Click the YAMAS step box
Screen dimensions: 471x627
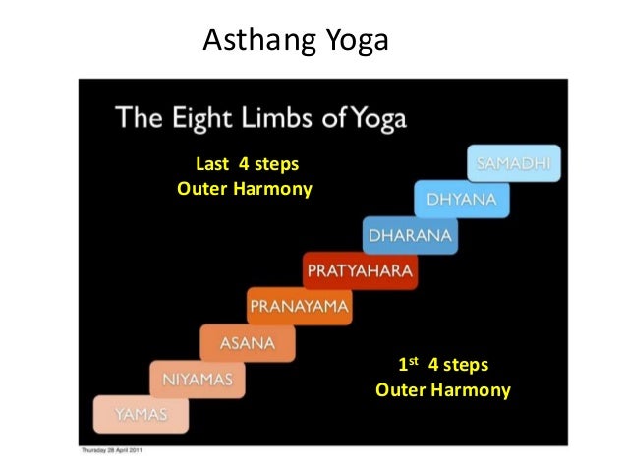pyautogui.click(x=141, y=415)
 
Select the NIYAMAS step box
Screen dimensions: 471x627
pyautogui.click(x=198, y=379)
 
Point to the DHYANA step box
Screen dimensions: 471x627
pyautogui.click(x=461, y=200)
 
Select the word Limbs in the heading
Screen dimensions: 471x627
pyautogui.click(x=283, y=121)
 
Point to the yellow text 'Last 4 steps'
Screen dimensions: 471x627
pyautogui.click(x=241, y=164)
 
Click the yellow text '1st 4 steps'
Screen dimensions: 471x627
pyautogui.click(x=442, y=367)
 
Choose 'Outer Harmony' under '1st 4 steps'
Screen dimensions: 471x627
pyautogui.click(x=443, y=390)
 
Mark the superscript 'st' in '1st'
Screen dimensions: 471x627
pyautogui.click(x=416, y=361)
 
